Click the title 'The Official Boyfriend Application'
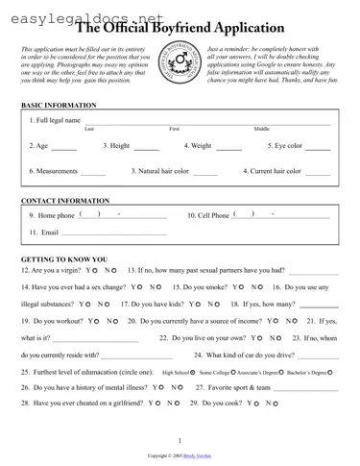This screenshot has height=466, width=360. click(x=192, y=29)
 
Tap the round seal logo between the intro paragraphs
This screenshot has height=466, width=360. click(x=180, y=64)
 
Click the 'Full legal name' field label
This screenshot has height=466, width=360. click(x=56, y=120)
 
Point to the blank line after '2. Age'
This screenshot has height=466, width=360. click(x=63, y=149)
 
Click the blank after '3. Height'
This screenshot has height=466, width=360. click(x=146, y=149)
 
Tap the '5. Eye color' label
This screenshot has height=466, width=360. click(x=285, y=146)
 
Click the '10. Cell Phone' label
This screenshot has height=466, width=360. click(x=207, y=216)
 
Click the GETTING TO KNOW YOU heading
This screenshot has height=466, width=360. click(x=64, y=259)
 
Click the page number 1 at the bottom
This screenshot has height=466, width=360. click(x=180, y=440)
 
